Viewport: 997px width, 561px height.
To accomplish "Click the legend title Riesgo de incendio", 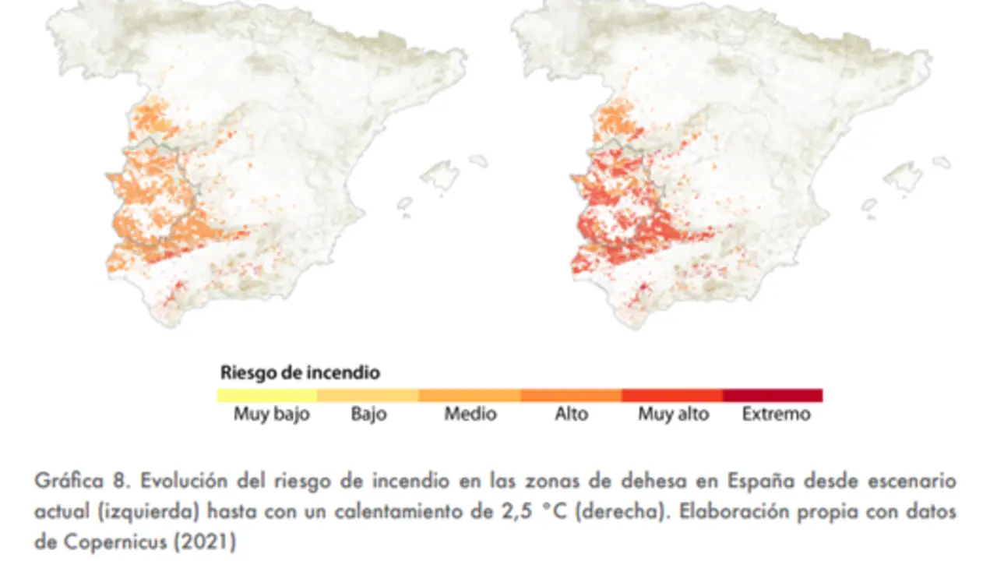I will pos(300,372).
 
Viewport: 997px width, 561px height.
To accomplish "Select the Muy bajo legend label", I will pos(271,414).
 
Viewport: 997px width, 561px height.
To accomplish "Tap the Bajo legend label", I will pos(368,414).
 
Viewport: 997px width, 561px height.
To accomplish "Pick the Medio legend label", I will pos(470,414).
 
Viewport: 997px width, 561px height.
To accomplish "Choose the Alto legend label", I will pos(571,414).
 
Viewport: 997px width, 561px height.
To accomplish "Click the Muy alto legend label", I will pos(674,414).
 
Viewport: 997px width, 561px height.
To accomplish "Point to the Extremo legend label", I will pos(776,414).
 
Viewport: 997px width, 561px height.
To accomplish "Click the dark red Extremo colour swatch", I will pos(773,395).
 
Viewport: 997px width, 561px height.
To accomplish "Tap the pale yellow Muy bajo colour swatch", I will pos(267,395).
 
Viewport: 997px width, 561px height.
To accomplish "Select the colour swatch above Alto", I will pos(571,395).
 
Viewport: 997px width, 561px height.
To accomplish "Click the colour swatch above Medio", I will pos(470,395).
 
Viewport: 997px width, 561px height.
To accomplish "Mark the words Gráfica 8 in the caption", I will pos(80,481).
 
